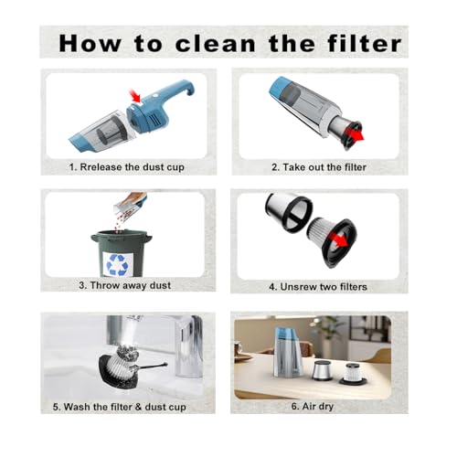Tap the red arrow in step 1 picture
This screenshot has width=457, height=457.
click(x=136, y=94)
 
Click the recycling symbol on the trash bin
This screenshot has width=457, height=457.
click(x=118, y=264)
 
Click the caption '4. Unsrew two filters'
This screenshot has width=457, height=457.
click(x=320, y=287)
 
